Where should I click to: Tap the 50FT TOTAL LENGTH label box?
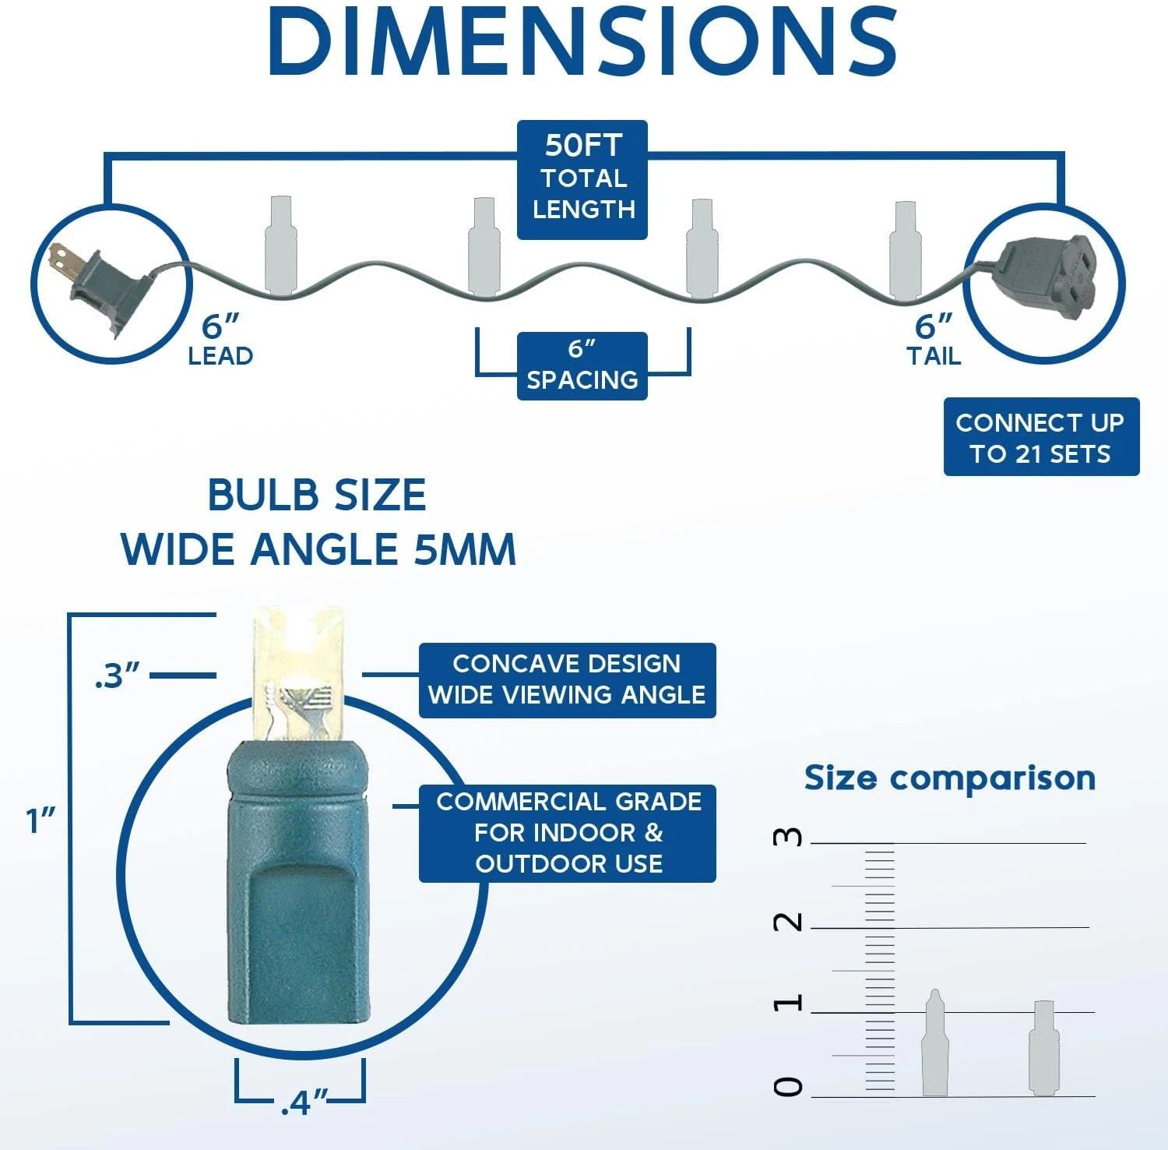(582, 179)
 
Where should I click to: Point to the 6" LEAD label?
(220, 340)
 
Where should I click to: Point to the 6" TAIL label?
(934, 340)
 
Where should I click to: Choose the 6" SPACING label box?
(582, 366)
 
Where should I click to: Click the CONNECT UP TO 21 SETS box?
(1041, 437)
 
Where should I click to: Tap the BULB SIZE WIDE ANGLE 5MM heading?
(318, 522)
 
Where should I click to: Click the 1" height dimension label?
(42, 820)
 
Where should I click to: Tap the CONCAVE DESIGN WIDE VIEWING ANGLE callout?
(568, 680)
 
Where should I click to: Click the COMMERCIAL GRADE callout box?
(568, 833)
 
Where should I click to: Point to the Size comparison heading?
(950, 778)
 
